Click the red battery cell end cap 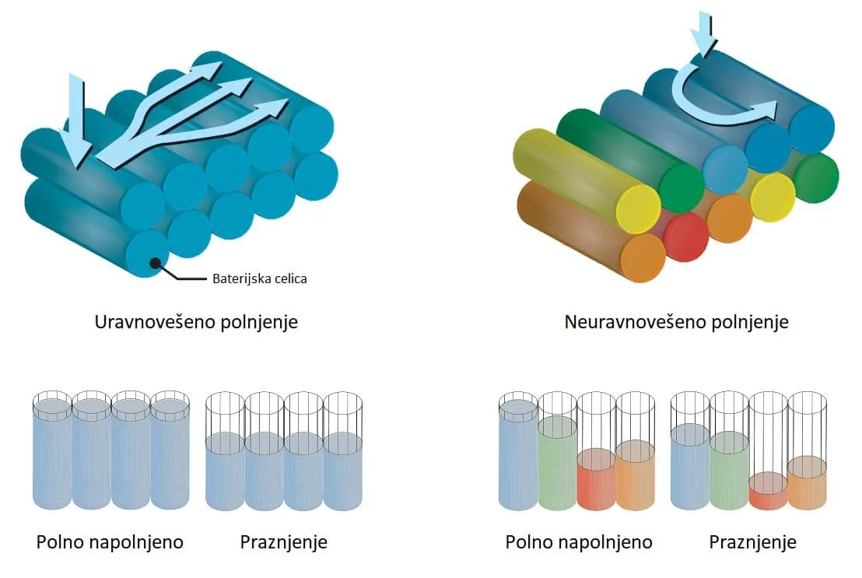[685, 237]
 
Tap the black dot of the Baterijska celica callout [156, 263]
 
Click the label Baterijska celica [260, 278]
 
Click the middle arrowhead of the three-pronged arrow [239, 86]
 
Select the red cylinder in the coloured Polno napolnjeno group [597, 479]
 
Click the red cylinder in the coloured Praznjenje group [768, 491]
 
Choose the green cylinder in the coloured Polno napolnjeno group [558, 463]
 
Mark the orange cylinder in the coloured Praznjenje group [807, 482]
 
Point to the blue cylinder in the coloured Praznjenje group [691, 466]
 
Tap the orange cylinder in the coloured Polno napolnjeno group [636, 475]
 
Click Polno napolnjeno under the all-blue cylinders [110, 542]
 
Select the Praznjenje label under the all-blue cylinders [284, 542]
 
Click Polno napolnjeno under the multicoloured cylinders [579, 542]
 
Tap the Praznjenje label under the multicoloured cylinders [752, 542]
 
